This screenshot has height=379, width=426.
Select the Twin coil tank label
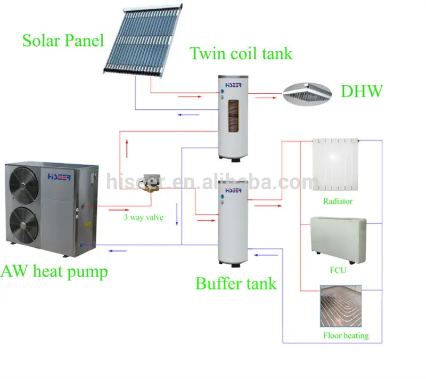241,53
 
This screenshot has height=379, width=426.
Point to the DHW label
362,91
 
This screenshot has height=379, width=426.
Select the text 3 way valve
144,217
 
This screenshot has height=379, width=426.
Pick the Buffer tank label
236,283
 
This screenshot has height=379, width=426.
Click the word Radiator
338,201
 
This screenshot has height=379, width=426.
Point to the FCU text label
338,270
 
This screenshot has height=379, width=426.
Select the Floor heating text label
346,336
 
